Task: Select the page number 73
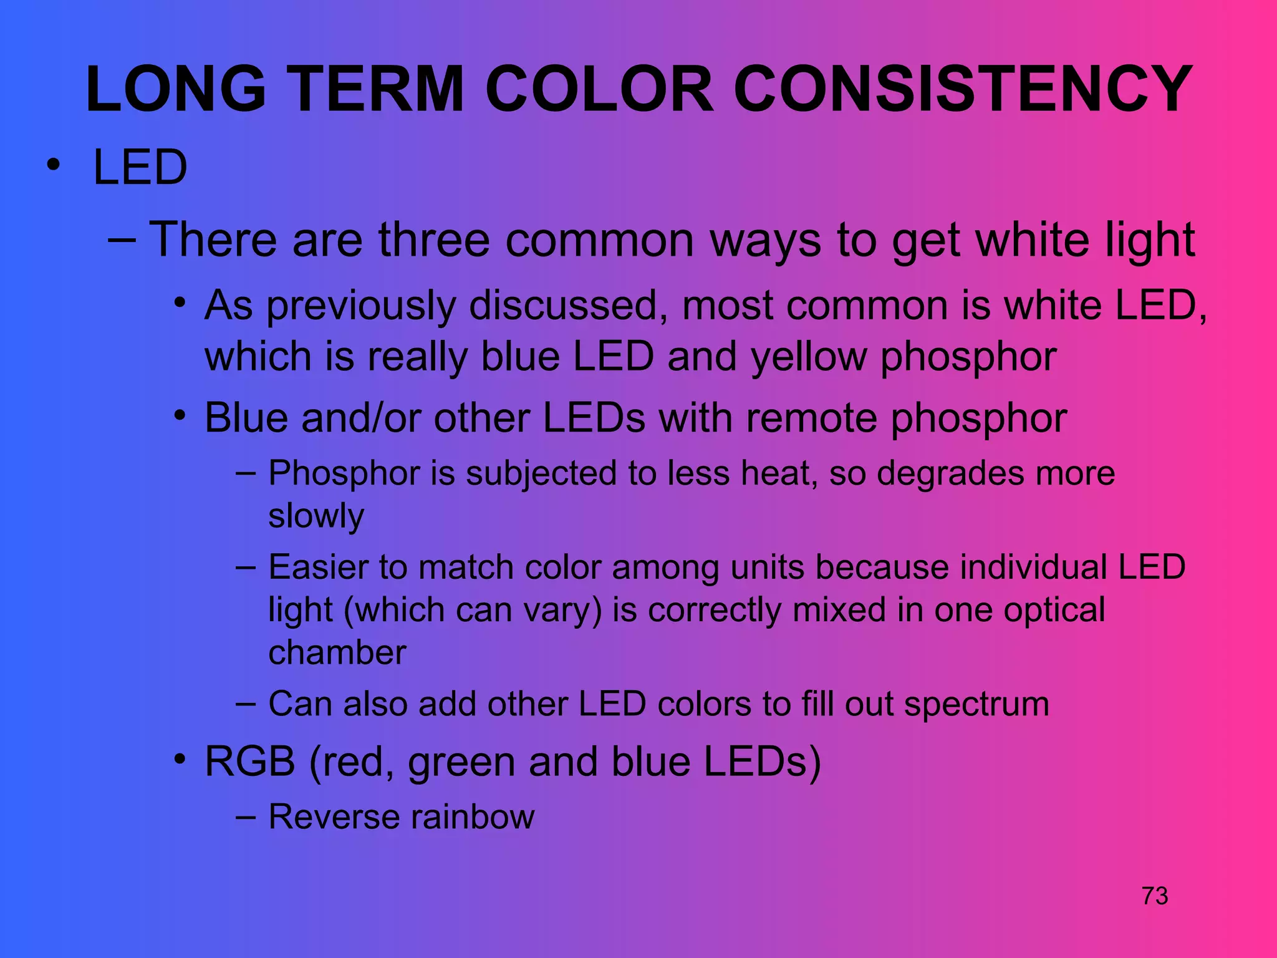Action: (x=1155, y=896)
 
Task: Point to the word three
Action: (x=434, y=239)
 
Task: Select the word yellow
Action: (x=808, y=357)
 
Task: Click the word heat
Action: (x=779, y=473)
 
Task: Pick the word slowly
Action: (x=316, y=516)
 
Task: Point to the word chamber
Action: (x=337, y=653)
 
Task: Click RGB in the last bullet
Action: (x=249, y=762)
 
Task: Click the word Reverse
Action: (x=334, y=817)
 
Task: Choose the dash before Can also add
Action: (x=246, y=704)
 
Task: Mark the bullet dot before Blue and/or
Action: (x=180, y=415)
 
